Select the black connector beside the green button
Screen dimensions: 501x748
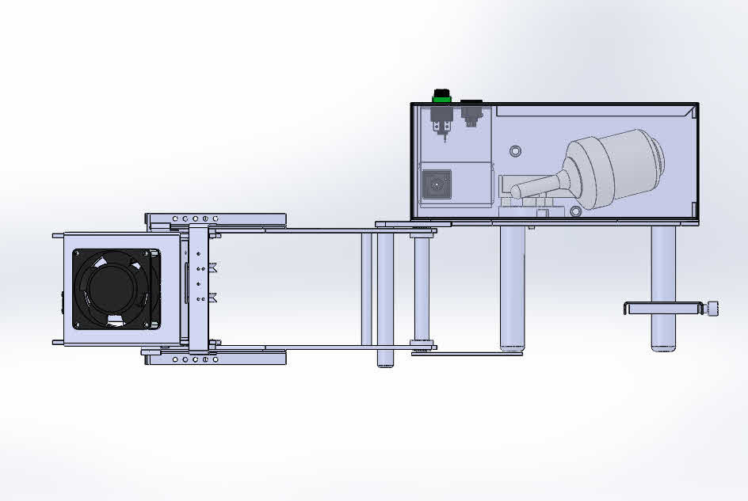[471, 102]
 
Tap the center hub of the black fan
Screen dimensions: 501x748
[116, 289]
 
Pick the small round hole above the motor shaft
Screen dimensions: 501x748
[517, 150]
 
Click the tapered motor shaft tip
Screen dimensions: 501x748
[517, 191]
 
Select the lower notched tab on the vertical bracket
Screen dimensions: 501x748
[212, 298]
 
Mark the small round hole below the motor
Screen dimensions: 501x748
[574, 211]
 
